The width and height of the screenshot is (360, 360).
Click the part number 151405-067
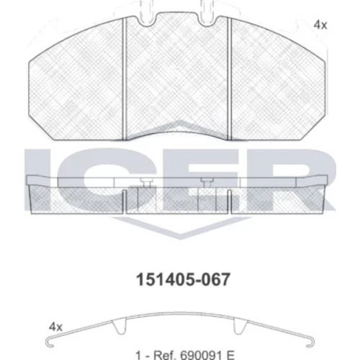183,279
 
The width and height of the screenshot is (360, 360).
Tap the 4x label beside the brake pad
320,25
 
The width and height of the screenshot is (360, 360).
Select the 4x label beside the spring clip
55,327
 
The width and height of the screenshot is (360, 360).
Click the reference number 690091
201,355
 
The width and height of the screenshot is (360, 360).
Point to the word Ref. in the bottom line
165,355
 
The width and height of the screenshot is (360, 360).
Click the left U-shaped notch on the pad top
148,20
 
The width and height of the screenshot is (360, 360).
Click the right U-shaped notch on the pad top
207,20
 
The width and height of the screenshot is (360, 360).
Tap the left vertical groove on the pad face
125,79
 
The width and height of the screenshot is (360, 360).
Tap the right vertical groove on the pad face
229,79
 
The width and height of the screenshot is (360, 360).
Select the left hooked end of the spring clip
49,343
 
